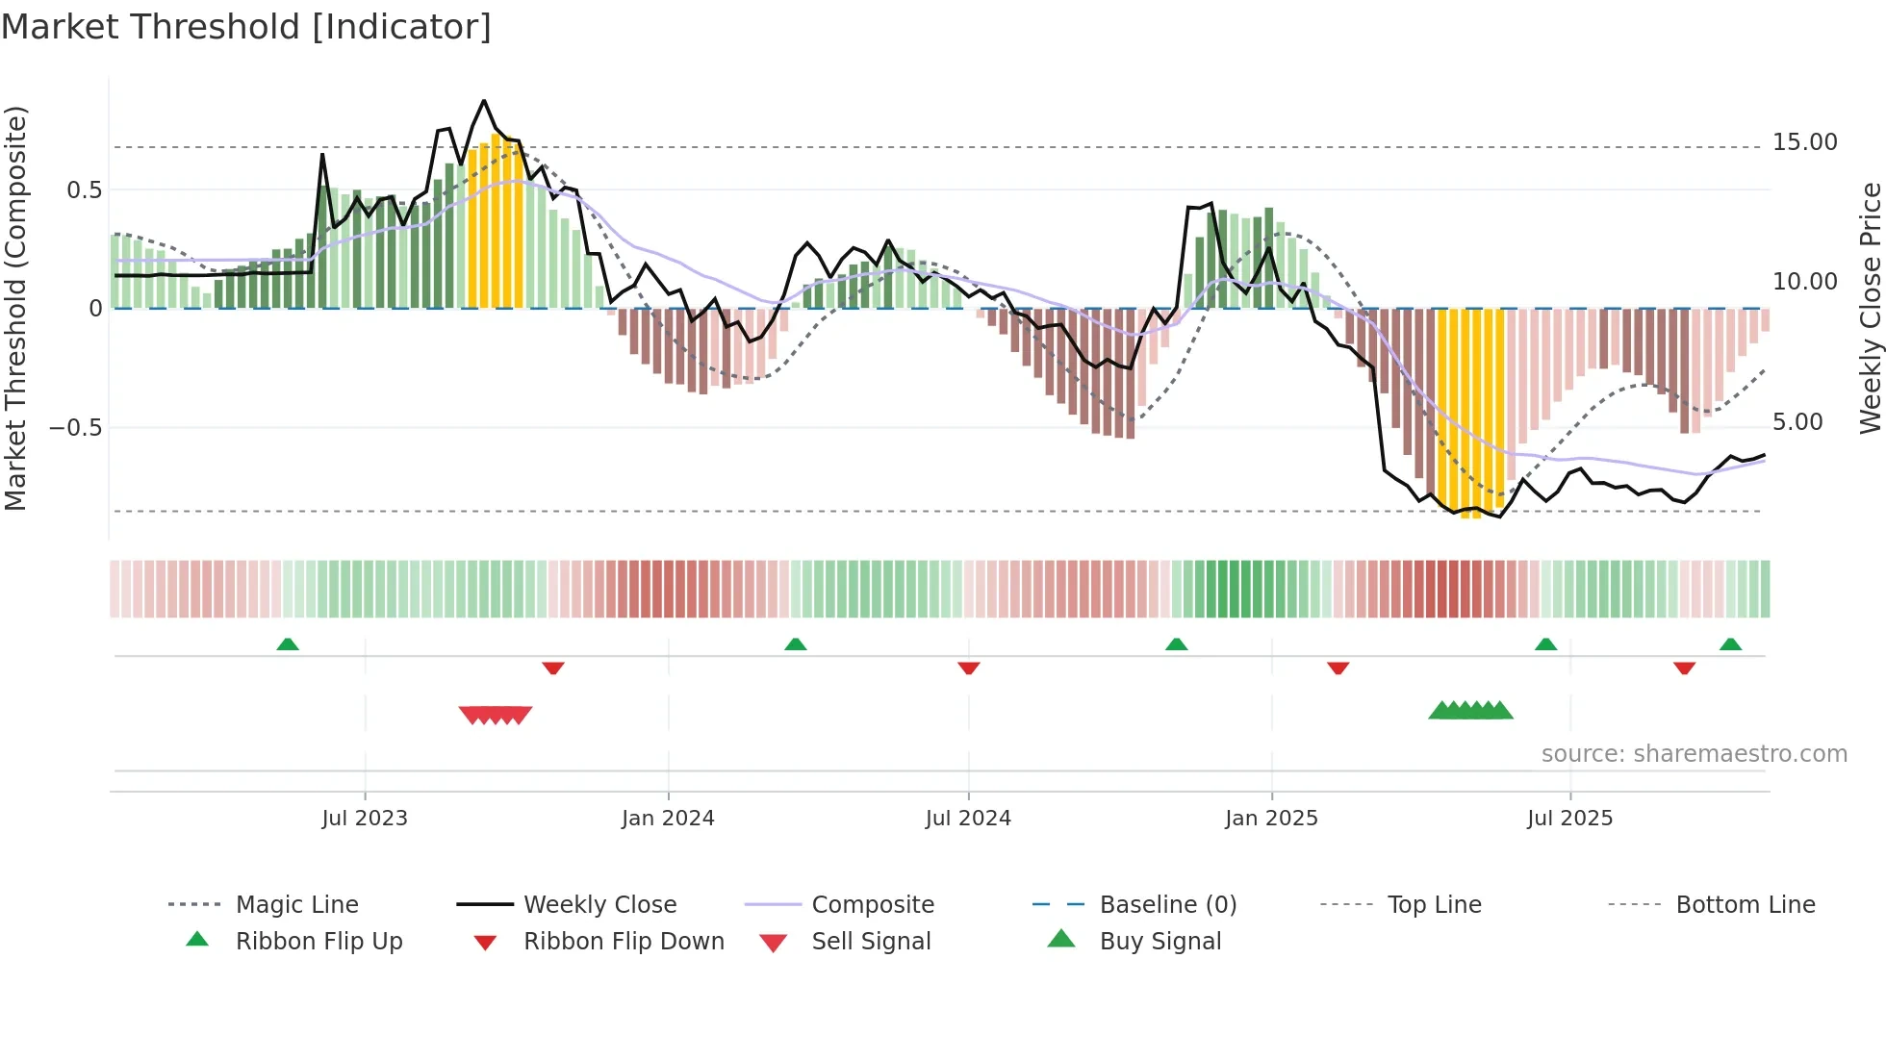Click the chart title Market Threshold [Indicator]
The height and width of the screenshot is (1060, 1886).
click(246, 27)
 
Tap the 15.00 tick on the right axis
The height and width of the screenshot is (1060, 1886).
click(1804, 142)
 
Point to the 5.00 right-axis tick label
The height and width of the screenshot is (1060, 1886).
click(1797, 422)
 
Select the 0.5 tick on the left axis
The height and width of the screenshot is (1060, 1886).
click(84, 190)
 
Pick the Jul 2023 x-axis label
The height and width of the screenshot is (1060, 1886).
click(365, 819)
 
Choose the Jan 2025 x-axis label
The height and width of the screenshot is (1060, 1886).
click(1271, 819)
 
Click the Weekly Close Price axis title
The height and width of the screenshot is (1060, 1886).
click(1870, 308)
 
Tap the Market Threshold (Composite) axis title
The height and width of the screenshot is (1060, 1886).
click(15, 308)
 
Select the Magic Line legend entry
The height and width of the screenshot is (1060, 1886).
click(296, 905)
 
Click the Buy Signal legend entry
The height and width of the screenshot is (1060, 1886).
click(1160, 942)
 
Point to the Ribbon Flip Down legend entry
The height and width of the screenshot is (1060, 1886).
click(623, 942)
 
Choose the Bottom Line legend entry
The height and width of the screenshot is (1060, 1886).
click(1745, 905)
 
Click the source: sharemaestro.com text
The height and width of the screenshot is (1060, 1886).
click(1694, 754)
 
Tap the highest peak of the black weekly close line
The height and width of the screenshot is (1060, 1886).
click(484, 101)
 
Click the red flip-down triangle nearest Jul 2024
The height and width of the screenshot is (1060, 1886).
click(969, 668)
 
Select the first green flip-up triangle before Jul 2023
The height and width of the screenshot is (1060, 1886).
click(288, 644)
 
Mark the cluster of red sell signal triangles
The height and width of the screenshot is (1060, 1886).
click(496, 715)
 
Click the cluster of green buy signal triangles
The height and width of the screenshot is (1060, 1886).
click(1470, 711)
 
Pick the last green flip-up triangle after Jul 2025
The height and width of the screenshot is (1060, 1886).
click(1730, 644)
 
